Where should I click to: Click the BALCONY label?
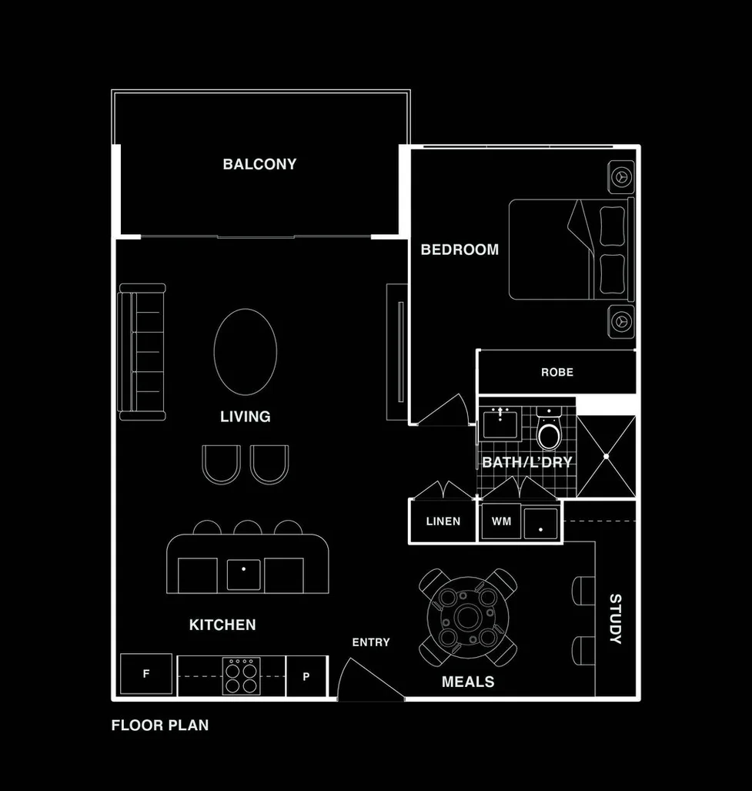click(x=259, y=164)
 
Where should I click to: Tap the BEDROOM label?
click(x=460, y=250)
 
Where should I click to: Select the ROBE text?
click(x=557, y=372)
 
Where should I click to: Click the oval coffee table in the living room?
click(x=246, y=352)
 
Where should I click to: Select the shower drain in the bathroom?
click(x=606, y=457)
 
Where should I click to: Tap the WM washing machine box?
click(x=502, y=521)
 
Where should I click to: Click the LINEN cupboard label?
click(x=443, y=521)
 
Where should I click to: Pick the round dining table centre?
click(x=467, y=617)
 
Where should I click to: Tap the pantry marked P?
click(x=306, y=676)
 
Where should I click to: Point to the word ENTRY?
click(x=371, y=642)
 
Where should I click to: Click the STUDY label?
click(x=616, y=618)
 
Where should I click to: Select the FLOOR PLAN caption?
click(x=160, y=725)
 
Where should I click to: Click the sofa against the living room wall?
click(x=142, y=352)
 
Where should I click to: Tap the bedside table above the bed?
click(x=620, y=176)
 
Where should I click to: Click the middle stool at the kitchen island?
click(x=247, y=528)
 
